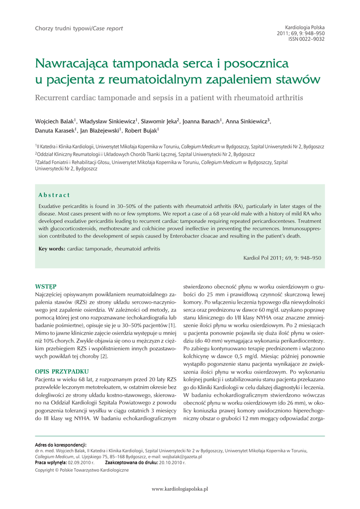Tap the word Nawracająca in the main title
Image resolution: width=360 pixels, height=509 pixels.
tap(73, 65)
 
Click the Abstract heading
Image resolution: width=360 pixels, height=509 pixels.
tap(54, 195)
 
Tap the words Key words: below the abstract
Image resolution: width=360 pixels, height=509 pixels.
tap(52, 249)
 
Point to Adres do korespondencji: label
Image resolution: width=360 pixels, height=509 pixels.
tap(61, 445)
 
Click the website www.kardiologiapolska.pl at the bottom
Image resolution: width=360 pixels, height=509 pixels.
tap(180, 489)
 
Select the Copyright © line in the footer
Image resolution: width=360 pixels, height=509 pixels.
tap(82, 470)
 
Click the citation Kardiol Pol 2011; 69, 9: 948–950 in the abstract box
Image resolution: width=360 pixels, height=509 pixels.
tap(282, 258)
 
